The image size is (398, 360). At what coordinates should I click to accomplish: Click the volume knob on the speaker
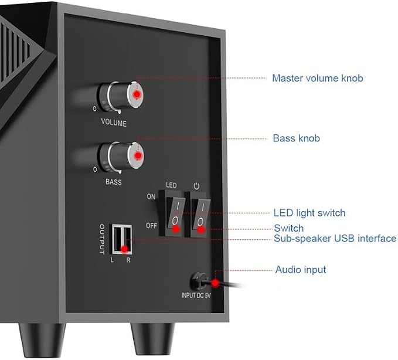pyautogui.click(x=121, y=97)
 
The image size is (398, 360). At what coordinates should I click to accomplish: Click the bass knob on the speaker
pyautogui.click(x=121, y=157)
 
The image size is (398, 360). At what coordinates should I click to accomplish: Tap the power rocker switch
pyautogui.click(x=200, y=215)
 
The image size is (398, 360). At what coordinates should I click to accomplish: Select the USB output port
pyautogui.click(x=122, y=239)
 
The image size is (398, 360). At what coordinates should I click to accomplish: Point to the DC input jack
pyautogui.click(x=198, y=281)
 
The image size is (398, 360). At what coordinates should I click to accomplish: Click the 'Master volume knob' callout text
pyautogui.click(x=318, y=78)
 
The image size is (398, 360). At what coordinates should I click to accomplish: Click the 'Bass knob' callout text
pyautogui.click(x=296, y=138)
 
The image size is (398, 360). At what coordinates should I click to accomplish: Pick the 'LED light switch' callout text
pyautogui.click(x=309, y=213)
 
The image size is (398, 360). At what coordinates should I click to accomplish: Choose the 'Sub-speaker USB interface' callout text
pyautogui.click(x=335, y=239)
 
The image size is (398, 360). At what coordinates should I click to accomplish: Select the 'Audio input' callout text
pyautogui.click(x=301, y=270)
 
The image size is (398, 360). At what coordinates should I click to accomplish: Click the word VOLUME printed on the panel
pyautogui.click(x=114, y=123)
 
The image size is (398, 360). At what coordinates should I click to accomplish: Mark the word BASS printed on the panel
pyautogui.click(x=114, y=182)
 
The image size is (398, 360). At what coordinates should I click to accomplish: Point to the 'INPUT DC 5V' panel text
pyautogui.click(x=196, y=296)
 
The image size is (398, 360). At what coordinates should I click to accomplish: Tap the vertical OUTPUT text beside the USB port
pyautogui.click(x=102, y=239)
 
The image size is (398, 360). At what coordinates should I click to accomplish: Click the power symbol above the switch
pyautogui.click(x=196, y=186)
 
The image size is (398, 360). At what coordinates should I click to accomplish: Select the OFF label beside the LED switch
pyautogui.click(x=151, y=226)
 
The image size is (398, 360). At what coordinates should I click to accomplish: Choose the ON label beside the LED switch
pyautogui.click(x=151, y=196)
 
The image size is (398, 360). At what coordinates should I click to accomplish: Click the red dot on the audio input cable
pyautogui.click(x=215, y=283)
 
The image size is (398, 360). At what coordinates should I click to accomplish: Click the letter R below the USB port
pyautogui.click(x=128, y=260)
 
